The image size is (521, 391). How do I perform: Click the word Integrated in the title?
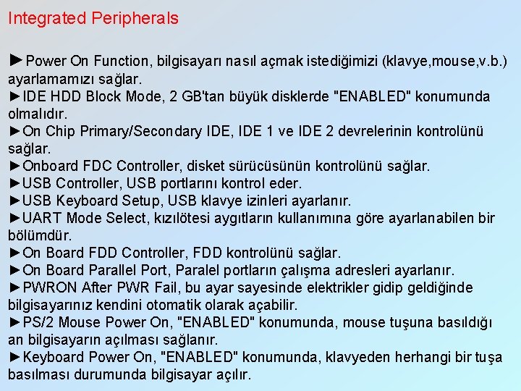click(x=46, y=19)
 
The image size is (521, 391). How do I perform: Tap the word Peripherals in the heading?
click(x=135, y=19)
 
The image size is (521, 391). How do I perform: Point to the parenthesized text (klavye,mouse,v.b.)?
click(x=446, y=61)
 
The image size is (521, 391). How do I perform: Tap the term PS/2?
click(x=38, y=322)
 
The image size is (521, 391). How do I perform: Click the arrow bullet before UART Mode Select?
click(x=15, y=218)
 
